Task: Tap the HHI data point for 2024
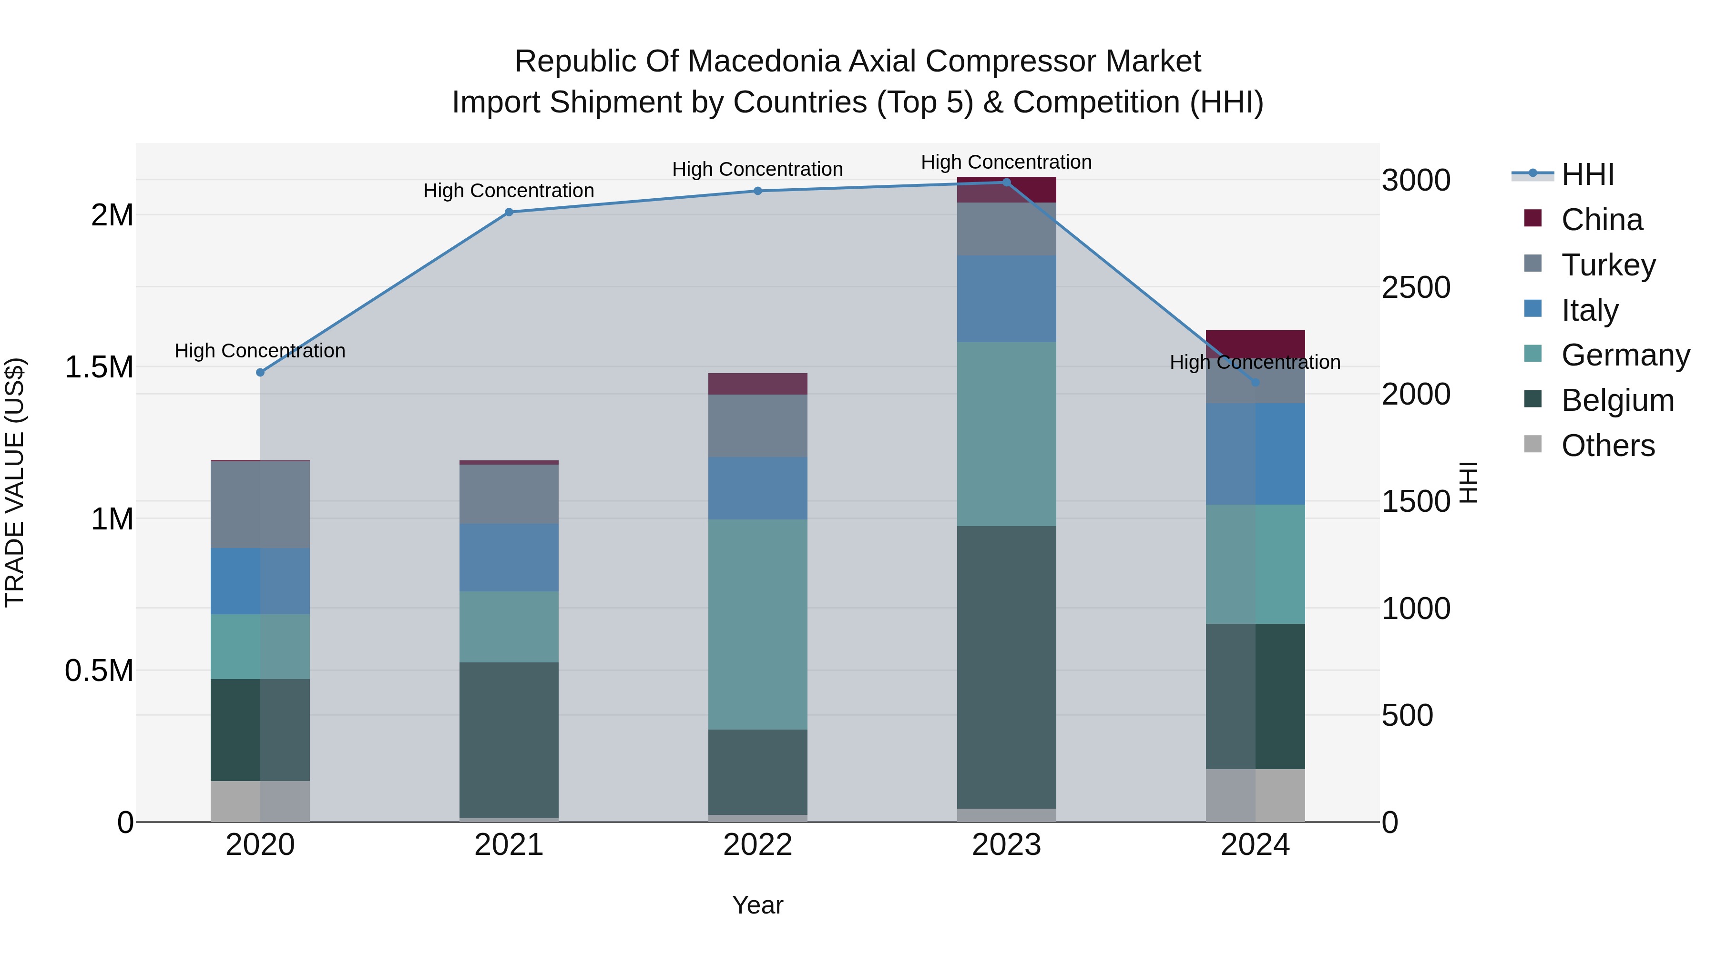[1256, 382]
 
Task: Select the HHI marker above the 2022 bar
[757, 191]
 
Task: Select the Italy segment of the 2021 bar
[509, 558]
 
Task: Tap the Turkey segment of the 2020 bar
[260, 504]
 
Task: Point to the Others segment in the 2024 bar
[1256, 795]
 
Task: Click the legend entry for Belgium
[1617, 400]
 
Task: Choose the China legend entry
[1602, 220]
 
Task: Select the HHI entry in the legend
[1587, 174]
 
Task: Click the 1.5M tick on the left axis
[99, 367]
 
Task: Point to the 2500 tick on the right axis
[1416, 288]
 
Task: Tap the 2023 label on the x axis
[1007, 845]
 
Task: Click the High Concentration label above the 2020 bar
[260, 351]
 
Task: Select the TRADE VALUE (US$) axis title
[15, 482]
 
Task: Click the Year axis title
[757, 905]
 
